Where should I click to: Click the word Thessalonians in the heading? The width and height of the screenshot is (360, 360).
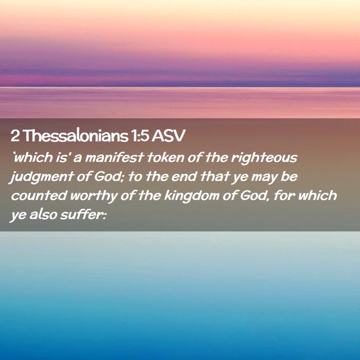click(x=76, y=136)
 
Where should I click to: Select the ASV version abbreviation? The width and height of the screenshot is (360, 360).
click(x=168, y=136)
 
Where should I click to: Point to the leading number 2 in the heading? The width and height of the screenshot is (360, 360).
click(x=15, y=136)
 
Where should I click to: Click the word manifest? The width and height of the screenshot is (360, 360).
click(x=114, y=158)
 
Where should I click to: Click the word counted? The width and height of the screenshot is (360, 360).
click(x=39, y=195)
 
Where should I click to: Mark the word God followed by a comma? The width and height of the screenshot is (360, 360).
click(x=255, y=196)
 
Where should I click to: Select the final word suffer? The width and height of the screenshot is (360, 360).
click(x=81, y=214)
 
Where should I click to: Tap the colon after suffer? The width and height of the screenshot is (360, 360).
click(x=104, y=216)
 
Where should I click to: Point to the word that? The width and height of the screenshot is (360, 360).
click(x=214, y=177)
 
